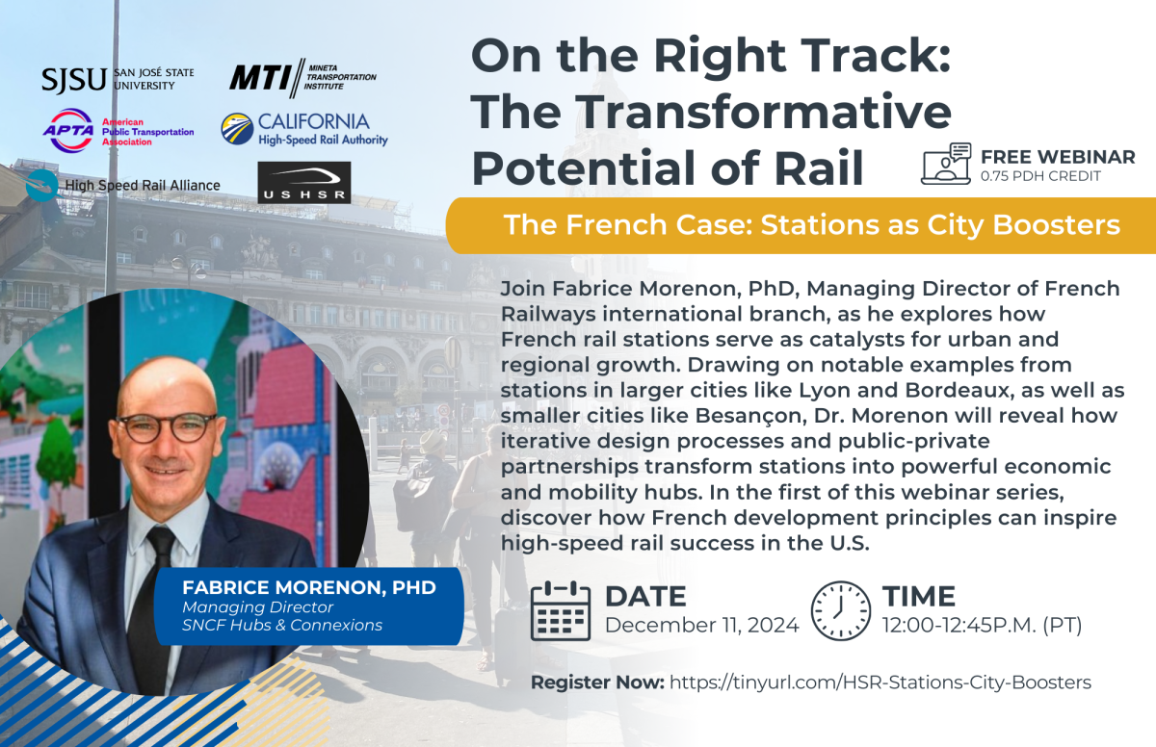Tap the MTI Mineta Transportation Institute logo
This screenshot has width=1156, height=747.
tap(302, 78)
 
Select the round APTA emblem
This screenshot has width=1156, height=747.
tap(68, 130)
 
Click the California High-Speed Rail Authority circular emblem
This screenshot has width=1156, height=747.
tap(237, 128)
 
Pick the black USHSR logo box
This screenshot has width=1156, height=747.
tap(304, 183)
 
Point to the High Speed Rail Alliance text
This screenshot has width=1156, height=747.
tap(143, 185)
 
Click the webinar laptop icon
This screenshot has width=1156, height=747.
tap(946, 164)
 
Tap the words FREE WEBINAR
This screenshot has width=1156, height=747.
tap(1058, 157)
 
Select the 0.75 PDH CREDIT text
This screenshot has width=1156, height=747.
tap(1041, 176)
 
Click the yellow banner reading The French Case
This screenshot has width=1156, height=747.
tap(801, 225)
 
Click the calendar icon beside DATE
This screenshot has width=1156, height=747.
tap(561, 610)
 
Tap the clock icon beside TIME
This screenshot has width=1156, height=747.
tap(841, 611)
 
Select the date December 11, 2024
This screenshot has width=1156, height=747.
tap(702, 626)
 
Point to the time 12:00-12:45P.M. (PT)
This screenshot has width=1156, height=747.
tap(982, 626)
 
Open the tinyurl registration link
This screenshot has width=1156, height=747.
tap(880, 683)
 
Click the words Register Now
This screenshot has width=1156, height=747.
tap(597, 683)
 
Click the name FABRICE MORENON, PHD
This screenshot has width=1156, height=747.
tap(309, 588)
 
